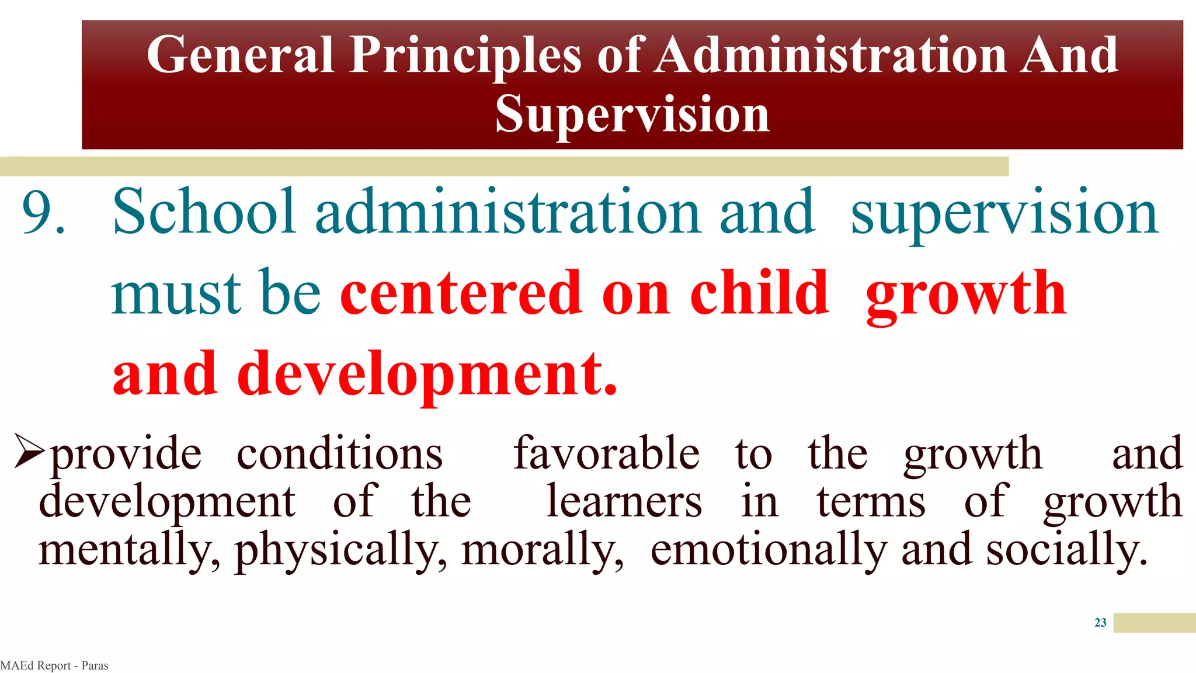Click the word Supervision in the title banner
coord(632,114)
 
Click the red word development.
coord(426,374)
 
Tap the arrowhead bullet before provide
coord(29,452)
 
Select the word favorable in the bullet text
coord(606,453)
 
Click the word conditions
coord(340,453)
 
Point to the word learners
coord(624,502)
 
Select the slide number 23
coord(1100,623)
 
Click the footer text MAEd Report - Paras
coord(54,665)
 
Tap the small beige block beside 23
coord(1154,623)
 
